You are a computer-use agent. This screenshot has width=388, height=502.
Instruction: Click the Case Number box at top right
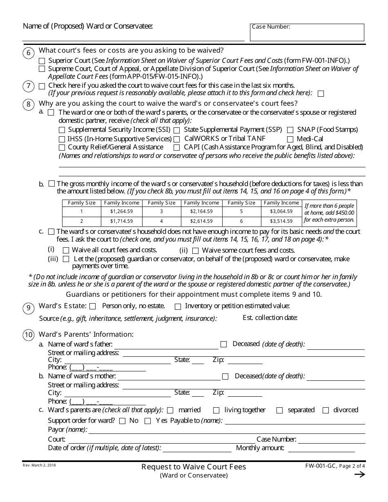[307, 33]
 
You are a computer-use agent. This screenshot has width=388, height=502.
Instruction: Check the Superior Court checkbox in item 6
[42, 60]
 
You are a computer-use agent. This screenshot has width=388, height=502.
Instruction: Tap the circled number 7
[28, 86]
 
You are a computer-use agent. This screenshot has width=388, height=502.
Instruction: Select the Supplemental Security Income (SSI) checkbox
[62, 130]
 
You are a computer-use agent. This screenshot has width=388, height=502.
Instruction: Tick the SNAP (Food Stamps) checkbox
[290, 130]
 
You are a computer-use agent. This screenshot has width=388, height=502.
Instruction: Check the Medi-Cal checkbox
[290, 139]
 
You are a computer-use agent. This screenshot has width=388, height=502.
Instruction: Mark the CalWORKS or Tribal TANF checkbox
[177, 139]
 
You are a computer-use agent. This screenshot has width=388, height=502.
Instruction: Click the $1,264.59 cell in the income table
[121, 211]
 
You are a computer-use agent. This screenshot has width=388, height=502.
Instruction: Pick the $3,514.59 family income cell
[281, 221]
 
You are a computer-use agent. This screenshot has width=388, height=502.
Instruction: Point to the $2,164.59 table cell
[201, 211]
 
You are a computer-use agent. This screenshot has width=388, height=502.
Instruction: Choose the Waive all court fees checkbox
[66, 251]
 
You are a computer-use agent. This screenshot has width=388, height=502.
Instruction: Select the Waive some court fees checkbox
[195, 251]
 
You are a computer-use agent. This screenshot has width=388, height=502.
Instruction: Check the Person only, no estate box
[93, 307]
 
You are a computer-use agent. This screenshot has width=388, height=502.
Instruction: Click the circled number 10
[28, 335]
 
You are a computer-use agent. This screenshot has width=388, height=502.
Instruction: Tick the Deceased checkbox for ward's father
[223, 344]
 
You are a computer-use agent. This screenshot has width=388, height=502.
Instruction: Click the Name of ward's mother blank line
[169, 376]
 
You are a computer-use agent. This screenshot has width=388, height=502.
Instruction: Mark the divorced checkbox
[326, 410]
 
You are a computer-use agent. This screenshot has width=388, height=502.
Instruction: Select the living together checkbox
[216, 410]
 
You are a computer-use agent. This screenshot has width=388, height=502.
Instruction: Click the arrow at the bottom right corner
[359, 474]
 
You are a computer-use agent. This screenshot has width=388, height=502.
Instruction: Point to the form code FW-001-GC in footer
[320, 466]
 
